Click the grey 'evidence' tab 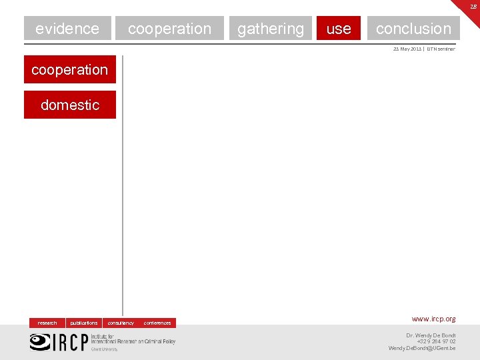click(67, 28)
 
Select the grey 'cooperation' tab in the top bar click(169, 28)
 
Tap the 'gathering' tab click(270, 28)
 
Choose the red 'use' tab click(339, 28)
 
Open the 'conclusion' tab click(413, 28)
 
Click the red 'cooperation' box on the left click(69, 69)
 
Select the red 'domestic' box click(69, 105)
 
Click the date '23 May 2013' click(407, 49)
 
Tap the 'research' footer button click(47, 323)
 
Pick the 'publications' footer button click(84, 323)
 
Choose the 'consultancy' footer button click(121, 323)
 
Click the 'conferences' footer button click(157, 323)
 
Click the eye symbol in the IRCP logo click(39, 341)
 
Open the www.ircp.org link click(433, 319)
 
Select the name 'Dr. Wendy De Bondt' click(431, 335)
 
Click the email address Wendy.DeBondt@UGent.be click(422, 348)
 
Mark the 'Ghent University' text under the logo click(104, 349)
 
